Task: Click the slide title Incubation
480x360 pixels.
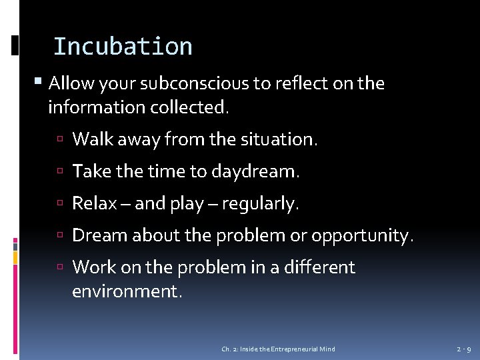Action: click(x=123, y=47)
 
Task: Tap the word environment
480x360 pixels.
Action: click(x=127, y=291)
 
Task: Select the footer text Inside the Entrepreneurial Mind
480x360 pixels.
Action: click(x=287, y=349)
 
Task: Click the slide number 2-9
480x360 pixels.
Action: click(x=464, y=349)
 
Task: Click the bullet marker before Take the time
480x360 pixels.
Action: click(x=61, y=172)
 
